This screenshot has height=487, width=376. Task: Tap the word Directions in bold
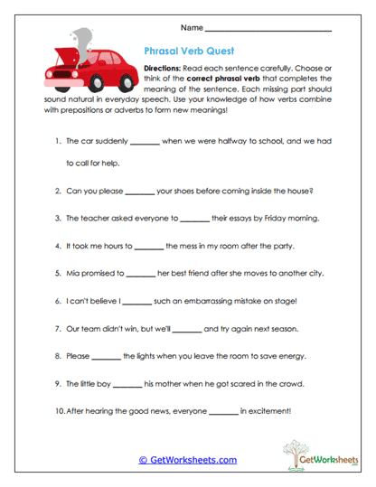(x=162, y=69)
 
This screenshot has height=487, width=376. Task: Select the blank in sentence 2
(x=139, y=192)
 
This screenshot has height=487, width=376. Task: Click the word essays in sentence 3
(x=226, y=218)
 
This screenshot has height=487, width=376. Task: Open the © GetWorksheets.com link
(x=188, y=459)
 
